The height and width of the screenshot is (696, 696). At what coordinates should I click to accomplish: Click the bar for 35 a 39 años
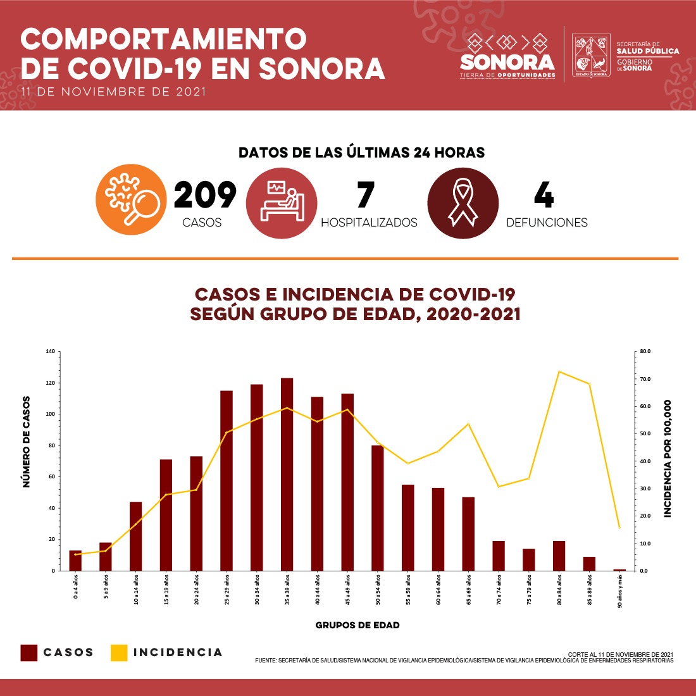tap(287, 475)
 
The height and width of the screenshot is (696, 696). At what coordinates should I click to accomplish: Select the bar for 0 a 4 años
tap(75, 561)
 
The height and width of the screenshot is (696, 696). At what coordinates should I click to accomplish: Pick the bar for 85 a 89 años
tap(589, 564)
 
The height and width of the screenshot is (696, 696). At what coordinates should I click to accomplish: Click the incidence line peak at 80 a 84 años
tap(559, 372)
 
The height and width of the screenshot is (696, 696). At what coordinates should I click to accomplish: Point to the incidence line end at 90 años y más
tap(619, 527)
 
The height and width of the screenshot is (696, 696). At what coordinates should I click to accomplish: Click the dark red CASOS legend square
tap(29, 652)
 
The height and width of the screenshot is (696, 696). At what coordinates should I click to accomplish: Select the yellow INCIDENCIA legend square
tap(119, 652)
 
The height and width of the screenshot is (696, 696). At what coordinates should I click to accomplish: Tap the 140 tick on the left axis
tap(50, 351)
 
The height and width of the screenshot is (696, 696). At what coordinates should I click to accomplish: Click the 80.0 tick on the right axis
tap(645, 351)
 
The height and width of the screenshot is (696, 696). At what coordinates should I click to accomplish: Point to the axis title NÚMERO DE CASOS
tap(27, 442)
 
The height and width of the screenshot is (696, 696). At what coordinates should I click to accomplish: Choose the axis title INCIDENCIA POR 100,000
tap(668, 459)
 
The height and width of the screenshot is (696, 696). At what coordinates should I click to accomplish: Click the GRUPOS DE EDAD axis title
tap(357, 625)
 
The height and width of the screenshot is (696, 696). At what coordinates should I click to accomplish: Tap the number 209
tap(204, 195)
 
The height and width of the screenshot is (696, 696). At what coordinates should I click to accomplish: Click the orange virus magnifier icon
tap(131, 199)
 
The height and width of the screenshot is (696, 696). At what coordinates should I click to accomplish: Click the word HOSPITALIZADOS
tap(369, 223)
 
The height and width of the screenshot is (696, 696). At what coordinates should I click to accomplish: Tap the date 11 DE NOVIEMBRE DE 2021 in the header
tap(113, 92)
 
